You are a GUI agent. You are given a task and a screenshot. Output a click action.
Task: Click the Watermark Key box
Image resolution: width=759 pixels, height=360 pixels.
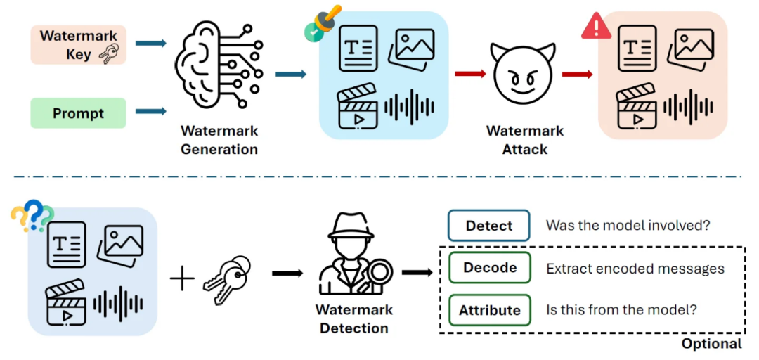[78, 45]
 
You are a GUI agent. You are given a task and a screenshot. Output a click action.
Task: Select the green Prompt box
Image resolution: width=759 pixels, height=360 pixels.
[78, 113]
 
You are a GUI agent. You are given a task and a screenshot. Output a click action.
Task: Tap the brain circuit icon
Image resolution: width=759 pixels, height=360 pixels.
[217, 66]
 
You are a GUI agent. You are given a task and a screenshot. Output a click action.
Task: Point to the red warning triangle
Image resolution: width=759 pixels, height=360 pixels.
[597, 26]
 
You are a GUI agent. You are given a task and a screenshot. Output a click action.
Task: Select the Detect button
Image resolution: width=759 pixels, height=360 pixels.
[489, 225]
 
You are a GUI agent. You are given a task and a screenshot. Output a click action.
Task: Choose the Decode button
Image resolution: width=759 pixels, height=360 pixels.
[489, 268]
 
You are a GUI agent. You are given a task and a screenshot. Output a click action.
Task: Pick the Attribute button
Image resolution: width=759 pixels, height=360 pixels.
[489, 310]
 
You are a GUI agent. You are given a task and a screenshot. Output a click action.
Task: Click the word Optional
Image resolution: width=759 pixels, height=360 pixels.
[711, 344]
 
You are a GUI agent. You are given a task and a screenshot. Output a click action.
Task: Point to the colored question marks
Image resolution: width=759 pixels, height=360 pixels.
[32, 215]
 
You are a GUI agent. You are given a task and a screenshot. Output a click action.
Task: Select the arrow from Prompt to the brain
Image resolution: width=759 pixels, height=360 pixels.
[151, 112]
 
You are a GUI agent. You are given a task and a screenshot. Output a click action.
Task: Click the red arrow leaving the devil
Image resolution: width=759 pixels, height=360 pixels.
[578, 74]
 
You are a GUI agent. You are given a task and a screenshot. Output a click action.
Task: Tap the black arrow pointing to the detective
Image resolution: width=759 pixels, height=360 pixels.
[287, 274]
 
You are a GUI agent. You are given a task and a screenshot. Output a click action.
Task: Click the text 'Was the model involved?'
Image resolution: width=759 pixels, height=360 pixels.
[628, 225]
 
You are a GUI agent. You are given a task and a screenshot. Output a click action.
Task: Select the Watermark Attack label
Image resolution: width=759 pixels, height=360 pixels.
[525, 139]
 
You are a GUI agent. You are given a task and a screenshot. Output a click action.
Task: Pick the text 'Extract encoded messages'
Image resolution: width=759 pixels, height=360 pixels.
[635, 269]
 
